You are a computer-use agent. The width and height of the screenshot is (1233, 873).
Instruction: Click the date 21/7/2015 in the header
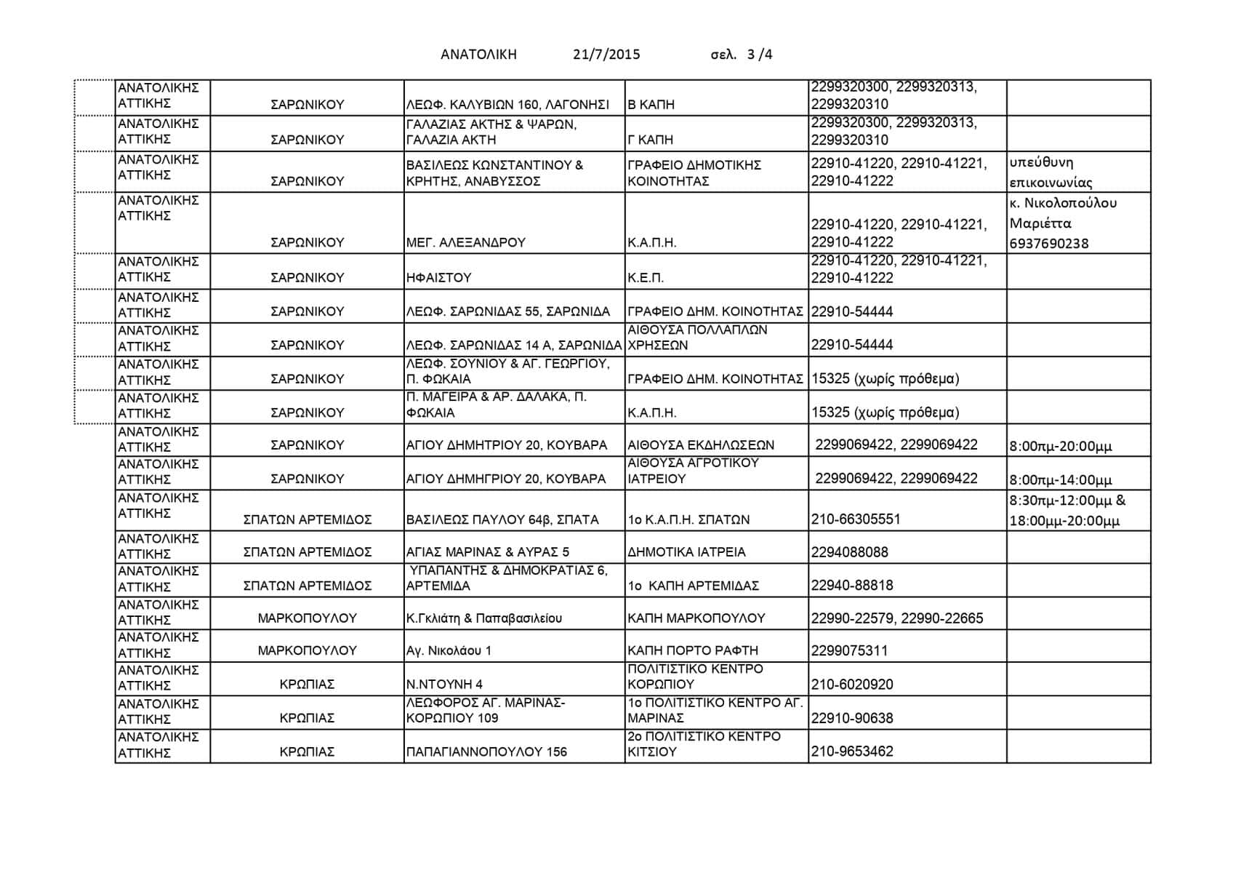point(606,55)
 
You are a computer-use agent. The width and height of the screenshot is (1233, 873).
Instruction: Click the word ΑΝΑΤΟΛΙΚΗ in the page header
point(478,55)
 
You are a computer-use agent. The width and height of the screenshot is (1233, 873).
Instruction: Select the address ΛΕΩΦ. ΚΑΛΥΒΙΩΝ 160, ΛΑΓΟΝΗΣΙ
point(507,105)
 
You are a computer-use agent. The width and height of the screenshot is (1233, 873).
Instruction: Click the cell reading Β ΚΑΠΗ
point(651,105)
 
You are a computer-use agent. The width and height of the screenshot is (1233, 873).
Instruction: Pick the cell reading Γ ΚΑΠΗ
point(651,140)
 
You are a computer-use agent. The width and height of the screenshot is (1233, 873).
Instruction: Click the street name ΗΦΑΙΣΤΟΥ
point(439,278)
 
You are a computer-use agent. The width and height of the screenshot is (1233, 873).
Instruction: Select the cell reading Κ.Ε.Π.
point(646,278)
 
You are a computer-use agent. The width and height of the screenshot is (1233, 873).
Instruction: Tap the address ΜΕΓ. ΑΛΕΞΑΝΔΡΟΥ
point(466,243)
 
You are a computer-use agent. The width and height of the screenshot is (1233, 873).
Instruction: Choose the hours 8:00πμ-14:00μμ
point(1061,480)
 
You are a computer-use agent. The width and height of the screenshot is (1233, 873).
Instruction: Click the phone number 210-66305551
point(856,519)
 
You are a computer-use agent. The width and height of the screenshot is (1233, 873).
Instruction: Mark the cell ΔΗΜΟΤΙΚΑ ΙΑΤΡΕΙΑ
point(686,552)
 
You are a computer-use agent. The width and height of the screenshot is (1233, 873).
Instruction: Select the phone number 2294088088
point(850,552)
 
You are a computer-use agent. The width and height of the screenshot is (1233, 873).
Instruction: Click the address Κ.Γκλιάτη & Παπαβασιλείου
point(484,618)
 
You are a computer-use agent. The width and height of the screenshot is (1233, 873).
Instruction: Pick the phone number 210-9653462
point(852,752)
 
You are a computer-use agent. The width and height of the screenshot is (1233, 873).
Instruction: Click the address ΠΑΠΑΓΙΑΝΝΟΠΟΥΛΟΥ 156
point(486,752)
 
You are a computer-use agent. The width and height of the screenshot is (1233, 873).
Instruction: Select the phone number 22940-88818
point(852,586)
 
